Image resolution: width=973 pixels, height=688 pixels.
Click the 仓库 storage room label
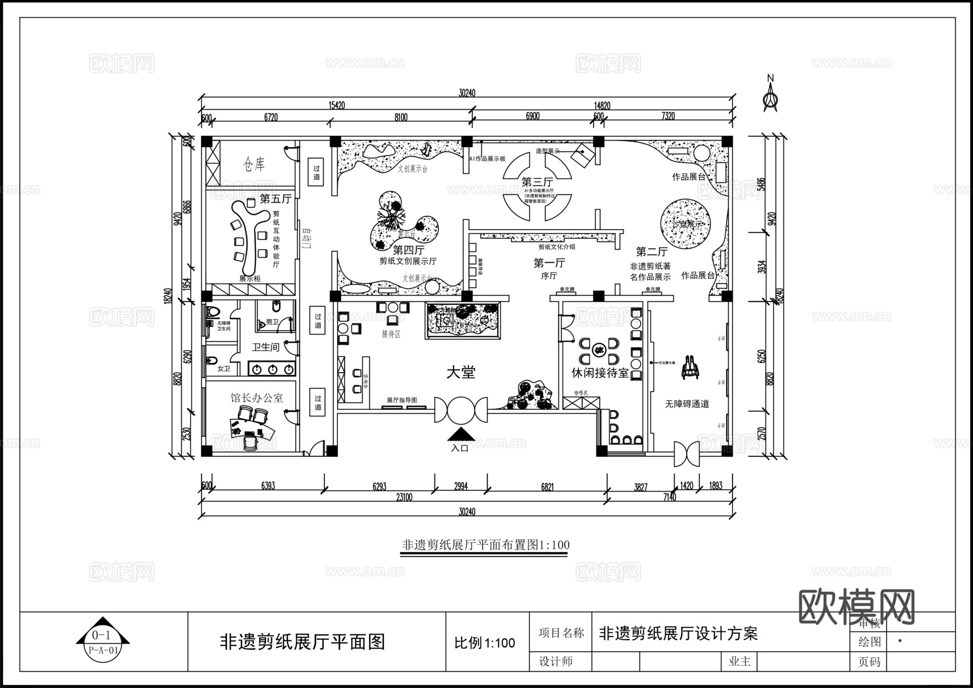pos(254,164)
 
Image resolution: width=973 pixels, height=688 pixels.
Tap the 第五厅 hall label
pos(276,199)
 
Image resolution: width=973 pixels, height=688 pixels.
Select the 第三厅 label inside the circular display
pos(537,182)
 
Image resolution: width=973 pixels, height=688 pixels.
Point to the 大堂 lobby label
pos(461,372)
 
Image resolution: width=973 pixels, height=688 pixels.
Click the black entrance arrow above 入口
pos(461,434)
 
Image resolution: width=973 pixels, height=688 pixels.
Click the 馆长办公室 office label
pos(257,398)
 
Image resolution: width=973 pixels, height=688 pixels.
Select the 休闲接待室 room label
pos(600,373)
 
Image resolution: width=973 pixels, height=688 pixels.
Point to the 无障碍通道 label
pos(687,404)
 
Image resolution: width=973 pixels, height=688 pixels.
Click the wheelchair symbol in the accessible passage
pos(690,368)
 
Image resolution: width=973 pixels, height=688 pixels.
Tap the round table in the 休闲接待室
pos(599,351)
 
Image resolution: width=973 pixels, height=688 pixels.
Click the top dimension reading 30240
pos(466,93)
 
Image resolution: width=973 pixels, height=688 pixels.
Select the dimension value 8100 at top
pos(401,117)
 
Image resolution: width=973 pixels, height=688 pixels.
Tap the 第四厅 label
pos(408,250)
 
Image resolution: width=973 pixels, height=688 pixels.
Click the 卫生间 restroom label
pos(265,347)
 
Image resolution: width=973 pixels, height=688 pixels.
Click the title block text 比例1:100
pos(484,643)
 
